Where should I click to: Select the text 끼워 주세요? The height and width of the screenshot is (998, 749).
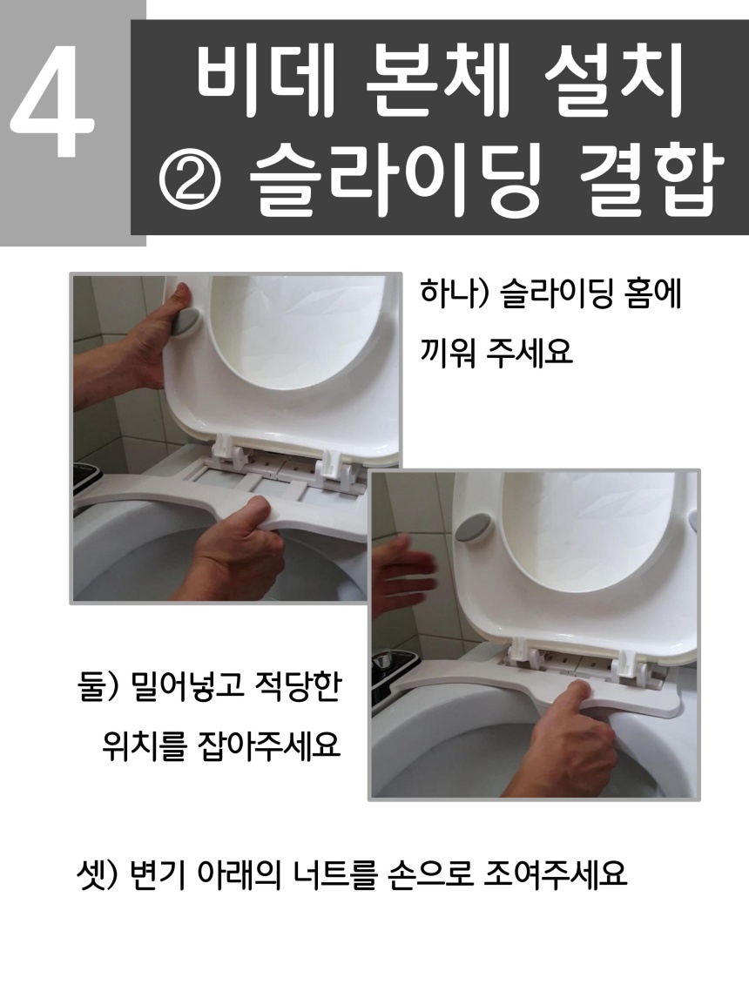point(496,351)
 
